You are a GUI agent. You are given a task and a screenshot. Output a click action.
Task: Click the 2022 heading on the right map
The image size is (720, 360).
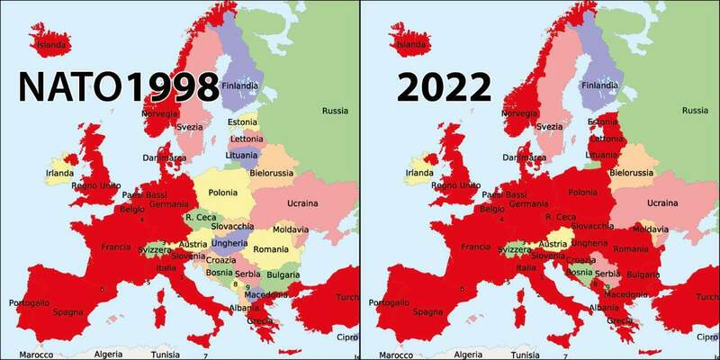[x=443, y=87]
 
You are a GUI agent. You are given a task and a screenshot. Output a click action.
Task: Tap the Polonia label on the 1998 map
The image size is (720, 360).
[x=222, y=193]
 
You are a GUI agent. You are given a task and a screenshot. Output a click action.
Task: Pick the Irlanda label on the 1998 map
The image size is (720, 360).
[x=61, y=173]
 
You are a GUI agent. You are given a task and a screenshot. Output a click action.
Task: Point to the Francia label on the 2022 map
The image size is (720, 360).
[x=475, y=247]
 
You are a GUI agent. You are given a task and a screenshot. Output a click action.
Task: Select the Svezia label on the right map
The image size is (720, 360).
[x=549, y=127]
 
